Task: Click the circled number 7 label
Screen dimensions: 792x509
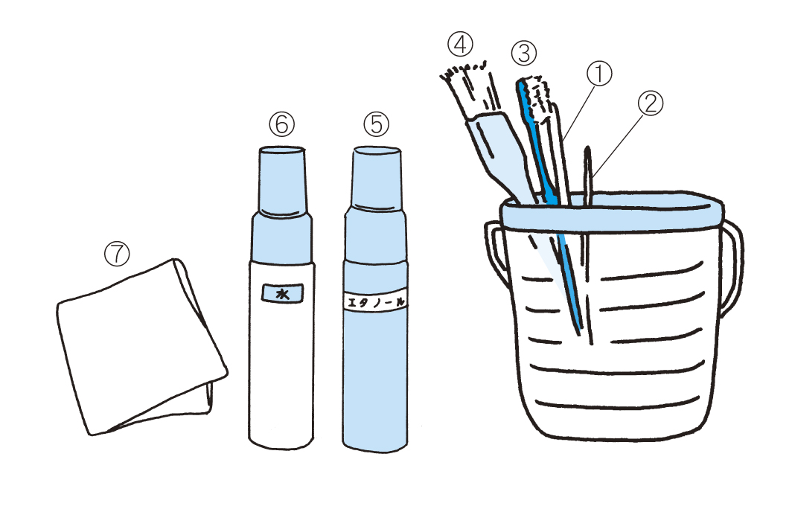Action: coord(117,254)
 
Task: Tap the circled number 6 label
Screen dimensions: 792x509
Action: coord(282,124)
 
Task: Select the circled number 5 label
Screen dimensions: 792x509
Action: coord(377,124)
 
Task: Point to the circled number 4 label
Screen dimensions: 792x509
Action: coord(460,45)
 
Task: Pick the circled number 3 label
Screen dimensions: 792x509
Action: coord(524,53)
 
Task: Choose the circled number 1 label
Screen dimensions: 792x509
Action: coord(599,74)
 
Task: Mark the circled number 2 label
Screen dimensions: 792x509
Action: coord(651,103)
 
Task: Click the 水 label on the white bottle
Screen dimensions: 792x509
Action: coord(282,293)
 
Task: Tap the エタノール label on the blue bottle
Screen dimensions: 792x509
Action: coord(375,302)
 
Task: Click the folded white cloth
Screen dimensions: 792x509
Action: coord(141,348)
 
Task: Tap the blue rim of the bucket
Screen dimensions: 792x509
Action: coord(611,212)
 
